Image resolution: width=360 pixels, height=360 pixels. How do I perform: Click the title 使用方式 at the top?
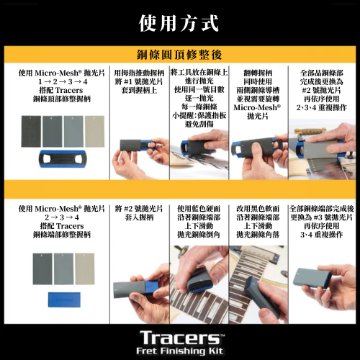tap(179, 23)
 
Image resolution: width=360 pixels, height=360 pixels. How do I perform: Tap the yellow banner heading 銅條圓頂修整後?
tap(179, 55)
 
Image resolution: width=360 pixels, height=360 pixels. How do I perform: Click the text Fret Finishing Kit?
tap(180, 351)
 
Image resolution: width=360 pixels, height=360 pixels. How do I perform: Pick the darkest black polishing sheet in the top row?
tap(31, 131)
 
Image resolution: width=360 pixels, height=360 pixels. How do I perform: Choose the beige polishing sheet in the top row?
tap(95, 131)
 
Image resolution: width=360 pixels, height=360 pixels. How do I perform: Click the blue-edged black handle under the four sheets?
tap(62, 158)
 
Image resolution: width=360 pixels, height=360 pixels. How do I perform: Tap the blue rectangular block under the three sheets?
tap(64, 300)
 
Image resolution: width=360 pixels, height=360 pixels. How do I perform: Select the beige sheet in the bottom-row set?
tap(85, 269)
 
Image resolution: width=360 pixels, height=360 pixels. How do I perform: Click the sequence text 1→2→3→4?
tap(63, 81)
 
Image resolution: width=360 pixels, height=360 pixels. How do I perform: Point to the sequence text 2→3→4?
tap(62, 217)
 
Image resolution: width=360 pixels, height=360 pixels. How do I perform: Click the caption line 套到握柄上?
tap(139, 90)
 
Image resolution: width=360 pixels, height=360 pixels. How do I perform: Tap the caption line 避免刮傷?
tap(199, 124)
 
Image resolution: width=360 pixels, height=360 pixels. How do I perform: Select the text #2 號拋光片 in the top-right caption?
tap(321, 90)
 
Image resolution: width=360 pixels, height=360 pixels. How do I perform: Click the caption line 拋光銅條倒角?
tap(199, 235)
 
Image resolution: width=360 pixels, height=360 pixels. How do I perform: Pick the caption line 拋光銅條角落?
tap(258, 235)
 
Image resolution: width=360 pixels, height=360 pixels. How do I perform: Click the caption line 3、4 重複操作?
tap(322, 235)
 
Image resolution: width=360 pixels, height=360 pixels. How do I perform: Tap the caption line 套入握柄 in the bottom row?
tap(139, 217)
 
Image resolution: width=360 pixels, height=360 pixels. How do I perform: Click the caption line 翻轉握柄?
tap(258, 73)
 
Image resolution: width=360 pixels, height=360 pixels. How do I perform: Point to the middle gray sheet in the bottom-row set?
tap(63, 269)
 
